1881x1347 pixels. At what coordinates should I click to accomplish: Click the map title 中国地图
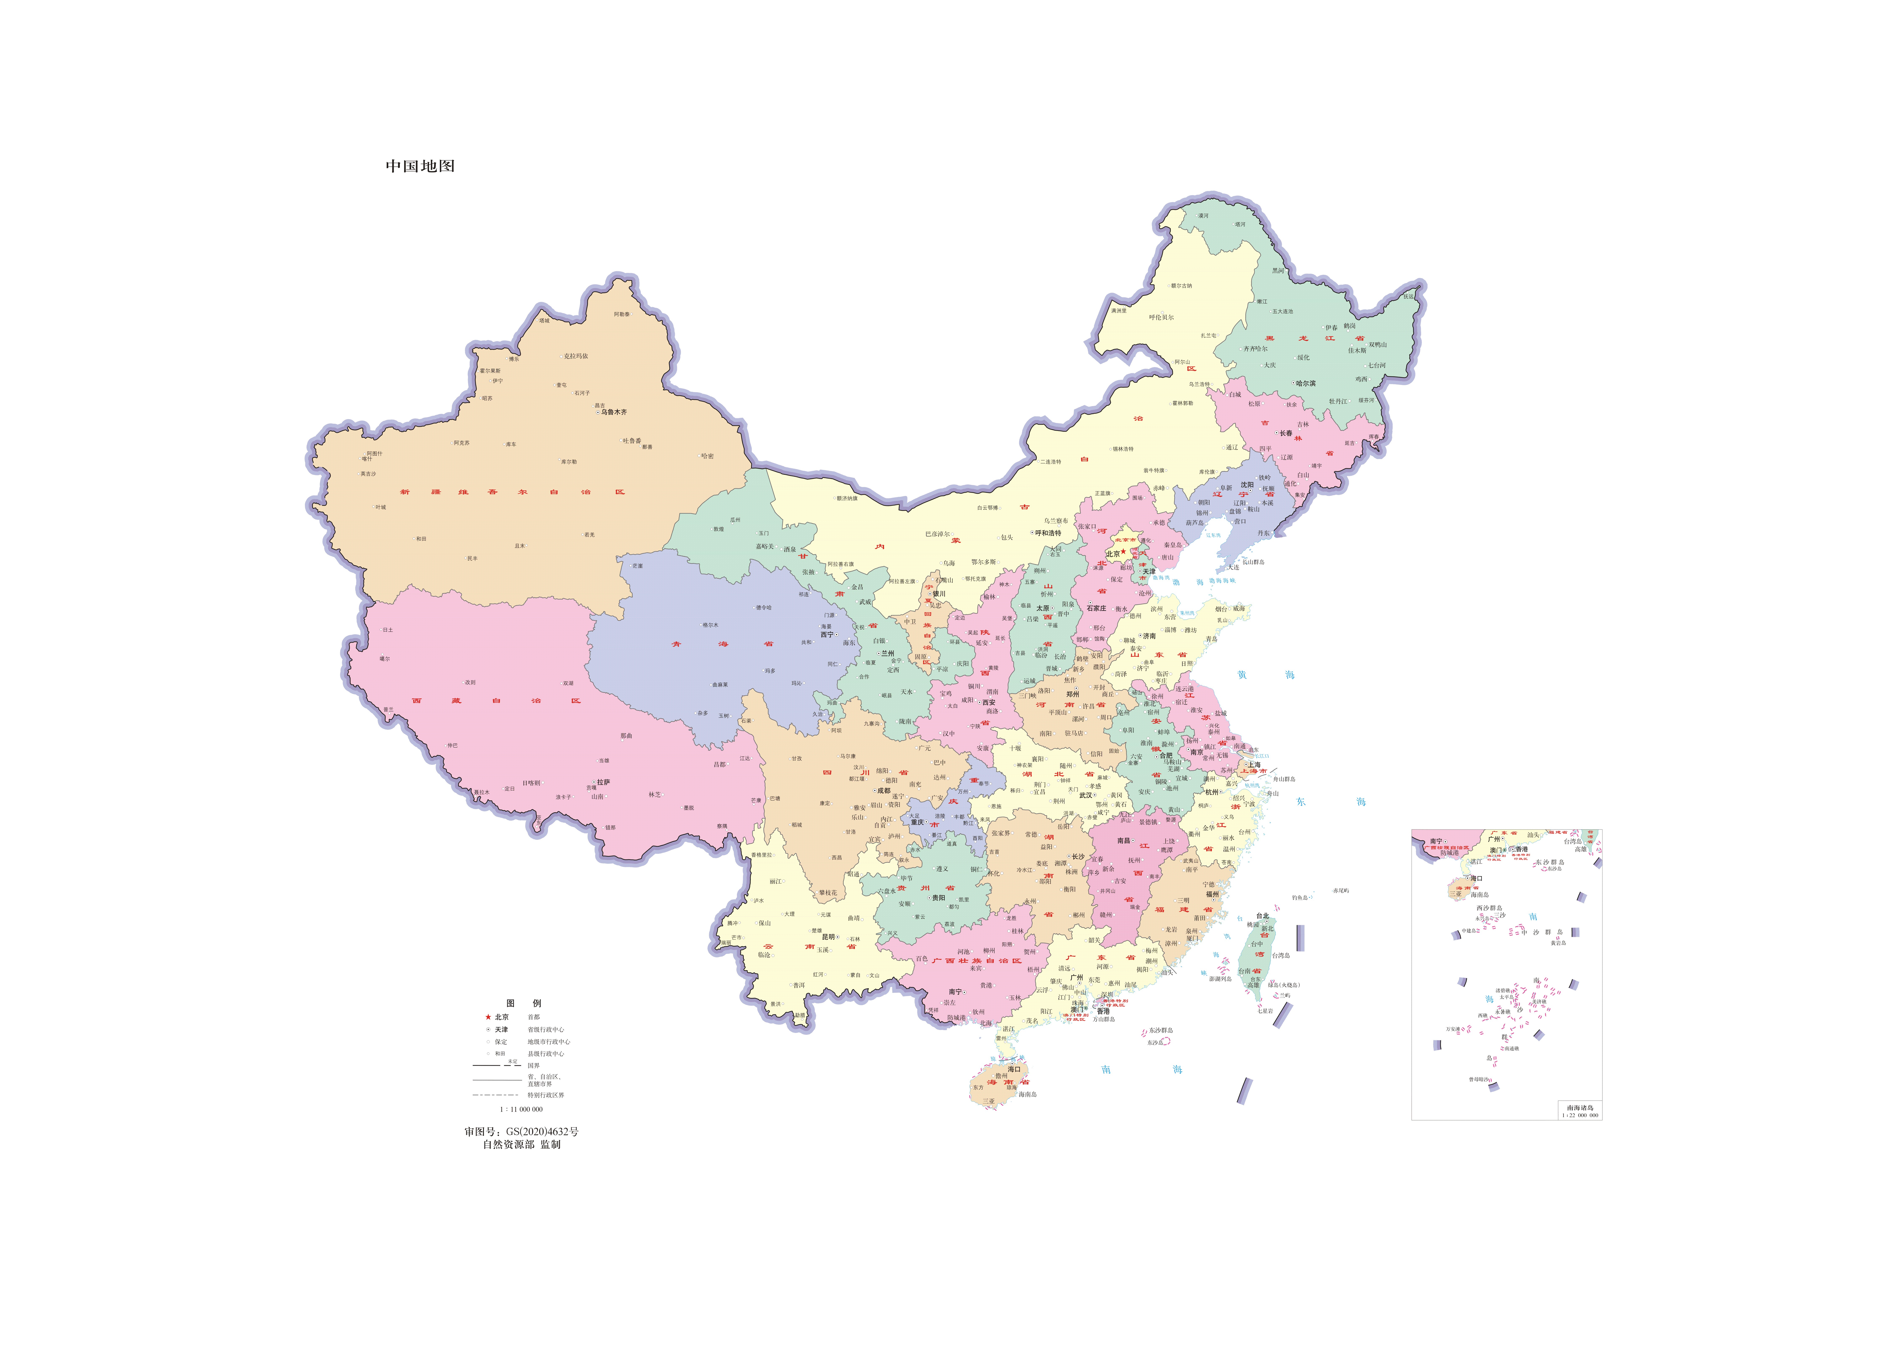(x=420, y=166)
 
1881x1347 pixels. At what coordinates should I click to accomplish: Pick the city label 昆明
(x=829, y=937)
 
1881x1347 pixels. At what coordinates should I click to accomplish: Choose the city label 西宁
(x=827, y=635)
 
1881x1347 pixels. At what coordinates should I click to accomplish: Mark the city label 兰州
(x=887, y=654)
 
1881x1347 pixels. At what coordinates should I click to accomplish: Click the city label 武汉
(x=1086, y=795)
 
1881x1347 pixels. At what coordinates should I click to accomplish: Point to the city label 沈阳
(x=1247, y=485)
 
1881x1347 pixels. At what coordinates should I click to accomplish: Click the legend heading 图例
(x=523, y=1004)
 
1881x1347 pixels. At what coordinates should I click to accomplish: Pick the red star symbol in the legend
(x=488, y=1017)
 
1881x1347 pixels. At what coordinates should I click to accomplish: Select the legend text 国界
(x=533, y=1066)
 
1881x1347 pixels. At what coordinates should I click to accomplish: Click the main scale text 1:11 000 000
(x=521, y=1109)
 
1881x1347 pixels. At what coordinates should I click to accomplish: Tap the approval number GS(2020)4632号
(x=522, y=1131)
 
